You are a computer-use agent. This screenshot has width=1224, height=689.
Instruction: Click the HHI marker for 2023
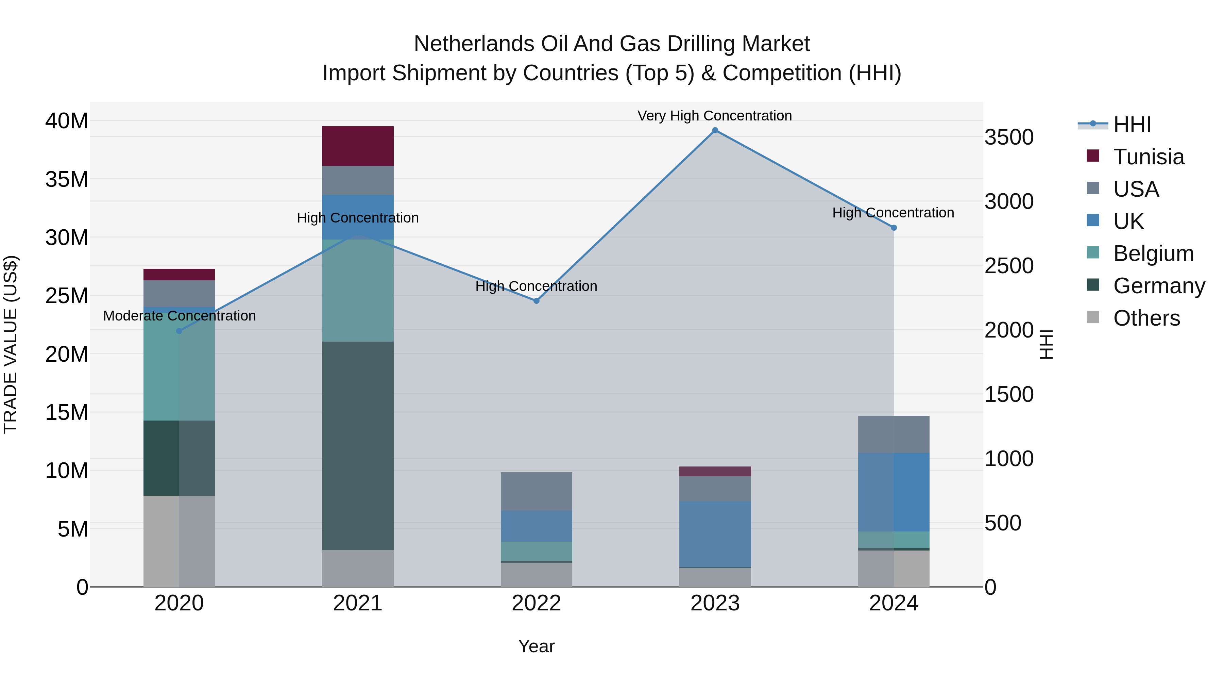(x=715, y=130)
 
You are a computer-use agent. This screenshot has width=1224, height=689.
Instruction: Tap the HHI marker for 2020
(x=179, y=331)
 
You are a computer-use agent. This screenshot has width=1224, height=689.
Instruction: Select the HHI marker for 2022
(x=537, y=300)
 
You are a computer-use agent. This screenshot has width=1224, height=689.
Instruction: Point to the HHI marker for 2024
(x=894, y=228)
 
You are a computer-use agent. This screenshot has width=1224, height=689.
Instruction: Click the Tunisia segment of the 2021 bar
(x=358, y=146)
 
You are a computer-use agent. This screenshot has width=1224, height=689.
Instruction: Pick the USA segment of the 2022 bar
(x=537, y=491)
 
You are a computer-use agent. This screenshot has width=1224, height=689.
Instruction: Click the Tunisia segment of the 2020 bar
(x=179, y=274)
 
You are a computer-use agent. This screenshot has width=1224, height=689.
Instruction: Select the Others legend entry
(x=1146, y=318)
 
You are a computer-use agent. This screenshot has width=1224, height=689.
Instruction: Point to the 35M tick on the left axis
(x=67, y=180)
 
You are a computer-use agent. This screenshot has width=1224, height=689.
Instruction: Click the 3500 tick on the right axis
(x=1009, y=137)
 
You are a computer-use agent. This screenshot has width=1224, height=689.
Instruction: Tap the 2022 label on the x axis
(x=537, y=603)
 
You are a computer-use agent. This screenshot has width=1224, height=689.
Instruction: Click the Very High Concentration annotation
(x=715, y=116)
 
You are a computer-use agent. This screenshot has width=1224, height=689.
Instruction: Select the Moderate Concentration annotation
(x=179, y=316)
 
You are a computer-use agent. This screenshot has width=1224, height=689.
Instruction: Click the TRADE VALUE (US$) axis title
(x=11, y=344)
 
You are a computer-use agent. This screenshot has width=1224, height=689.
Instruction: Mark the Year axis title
(x=537, y=646)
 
